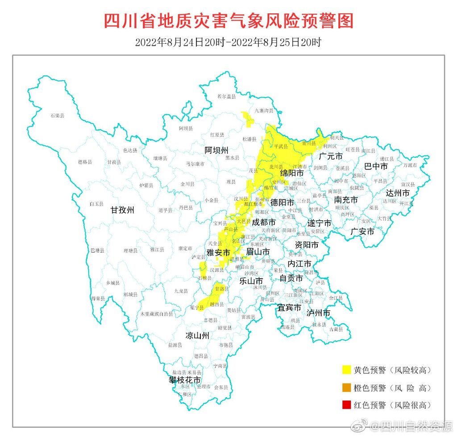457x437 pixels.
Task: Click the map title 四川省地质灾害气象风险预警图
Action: pyautogui.click(x=228, y=21)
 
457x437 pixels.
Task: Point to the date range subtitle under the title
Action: pyautogui.click(x=228, y=42)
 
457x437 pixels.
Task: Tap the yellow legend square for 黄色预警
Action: pyautogui.click(x=346, y=370)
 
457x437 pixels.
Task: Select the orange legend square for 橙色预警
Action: pyautogui.click(x=346, y=388)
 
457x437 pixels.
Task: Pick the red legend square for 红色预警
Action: pyautogui.click(x=346, y=405)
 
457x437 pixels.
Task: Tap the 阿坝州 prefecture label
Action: pyautogui.click(x=216, y=149)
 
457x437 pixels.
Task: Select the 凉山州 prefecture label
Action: pyautogui.click(x=197, y=335)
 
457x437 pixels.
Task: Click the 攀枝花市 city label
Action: pyautogui.click(x=184, y=379)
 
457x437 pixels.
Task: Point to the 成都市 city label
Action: pyautogui.click(x=263, y=222)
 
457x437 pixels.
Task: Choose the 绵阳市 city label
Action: pyautogui.click(x=292, y=172)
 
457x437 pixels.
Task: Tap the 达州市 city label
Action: pyautogui.click(x=399, y=193)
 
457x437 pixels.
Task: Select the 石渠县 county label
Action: pyautogui.click(x=57, y=115)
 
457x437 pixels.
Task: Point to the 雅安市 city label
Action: pyautogui.click(x=218, y=252)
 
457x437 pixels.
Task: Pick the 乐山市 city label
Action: pyautogui.click(x=251, y=281)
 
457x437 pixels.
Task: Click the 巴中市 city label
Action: pyautogui.click(x=376, y=166)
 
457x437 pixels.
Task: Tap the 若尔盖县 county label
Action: pyautogui.click(x=226, y=96)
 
